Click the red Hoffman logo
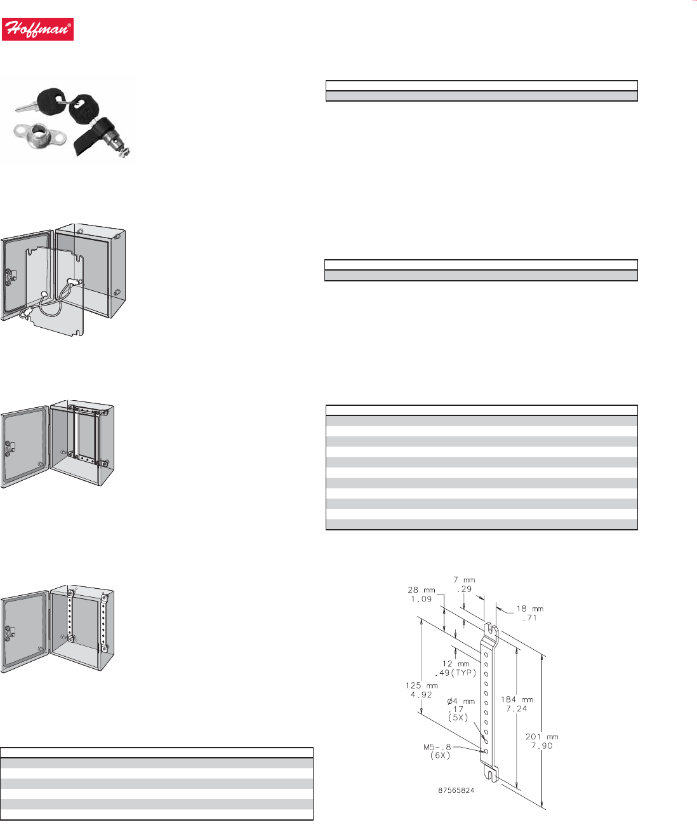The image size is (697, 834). coord(37,29)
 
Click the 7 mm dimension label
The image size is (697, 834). coord(464,580)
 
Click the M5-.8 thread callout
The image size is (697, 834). coord(437,747)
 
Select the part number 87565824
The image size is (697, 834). coord(456,791)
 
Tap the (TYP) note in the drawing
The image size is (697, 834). coord(464,673)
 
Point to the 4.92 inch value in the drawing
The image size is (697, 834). coord(421,694)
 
